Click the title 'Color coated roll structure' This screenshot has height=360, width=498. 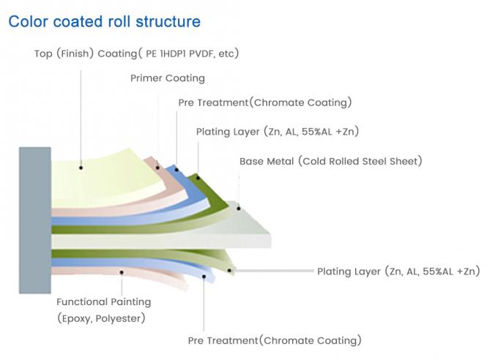click(104, 21)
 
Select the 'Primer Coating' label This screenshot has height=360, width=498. click(168, 78)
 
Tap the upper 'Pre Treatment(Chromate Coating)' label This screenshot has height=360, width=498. click(264, 102)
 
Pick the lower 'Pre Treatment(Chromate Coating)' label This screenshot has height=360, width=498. click(275, 340)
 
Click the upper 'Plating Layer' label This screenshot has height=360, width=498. click(277, 132)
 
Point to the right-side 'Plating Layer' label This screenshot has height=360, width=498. click(398, 271)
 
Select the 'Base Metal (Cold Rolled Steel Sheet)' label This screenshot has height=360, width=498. click(330, 161)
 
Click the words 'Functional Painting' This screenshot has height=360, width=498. click(103, 301)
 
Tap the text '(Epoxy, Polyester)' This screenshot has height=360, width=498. click(100, 318)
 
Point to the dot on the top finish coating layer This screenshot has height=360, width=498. click(81, 168)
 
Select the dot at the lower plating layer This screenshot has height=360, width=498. click(231, 271)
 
